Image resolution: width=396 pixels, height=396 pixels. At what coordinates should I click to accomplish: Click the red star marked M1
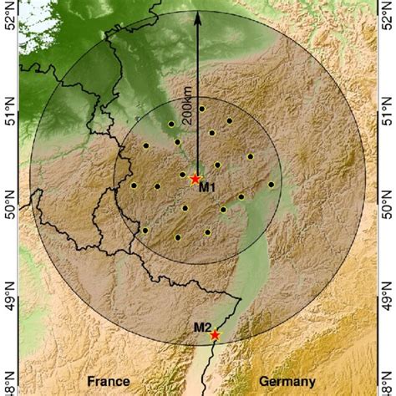pyautogui.click(x=195, y=179)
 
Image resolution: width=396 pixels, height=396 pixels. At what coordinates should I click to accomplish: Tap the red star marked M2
pyautogui.click(x=216, y=334)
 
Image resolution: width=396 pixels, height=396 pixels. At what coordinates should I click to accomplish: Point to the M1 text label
pyautogui.click(x=207, y=188)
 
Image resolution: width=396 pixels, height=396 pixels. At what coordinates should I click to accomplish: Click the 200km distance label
pyautogui.click(x=187, y=109)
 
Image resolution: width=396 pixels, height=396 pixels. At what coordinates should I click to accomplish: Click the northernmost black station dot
pyautogui.click(x=201, y=109)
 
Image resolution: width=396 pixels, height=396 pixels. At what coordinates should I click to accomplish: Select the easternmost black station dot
pyautogui.click(x=272, y=184)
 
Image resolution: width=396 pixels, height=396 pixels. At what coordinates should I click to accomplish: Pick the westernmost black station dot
pyautogui.click(x=134, y=185)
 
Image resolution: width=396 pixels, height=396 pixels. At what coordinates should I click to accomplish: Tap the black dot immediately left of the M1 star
pyautogui.click(x=182, y=175)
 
